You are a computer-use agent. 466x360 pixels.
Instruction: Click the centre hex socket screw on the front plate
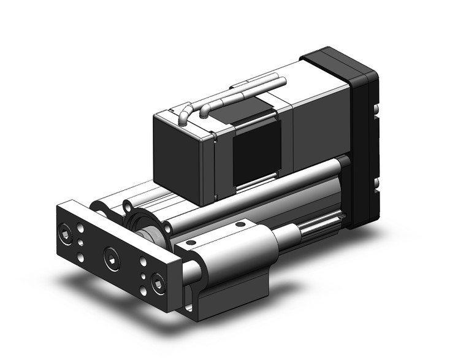point(111,253)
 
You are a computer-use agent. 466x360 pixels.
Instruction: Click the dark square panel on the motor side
point(256,150)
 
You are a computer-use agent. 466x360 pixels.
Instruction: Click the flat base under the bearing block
point(233,294)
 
